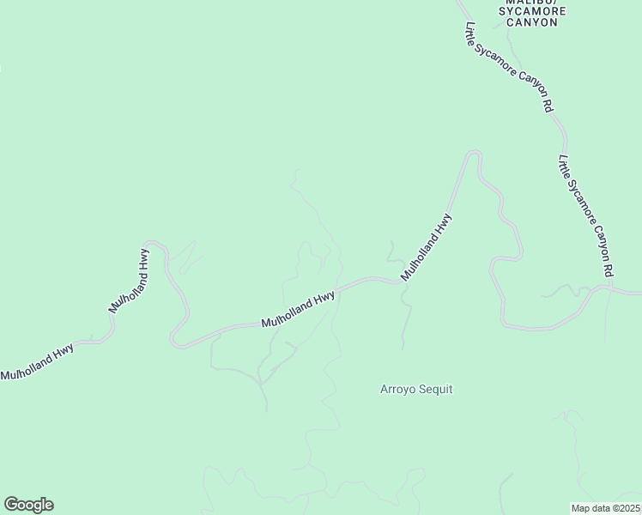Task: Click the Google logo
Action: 28,505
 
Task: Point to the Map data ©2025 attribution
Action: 605,508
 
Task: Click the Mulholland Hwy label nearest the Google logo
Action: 37,360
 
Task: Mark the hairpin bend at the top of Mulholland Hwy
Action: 473,154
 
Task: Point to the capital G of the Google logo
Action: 12,504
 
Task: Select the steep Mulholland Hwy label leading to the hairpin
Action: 427,247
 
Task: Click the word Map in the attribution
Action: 581,508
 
